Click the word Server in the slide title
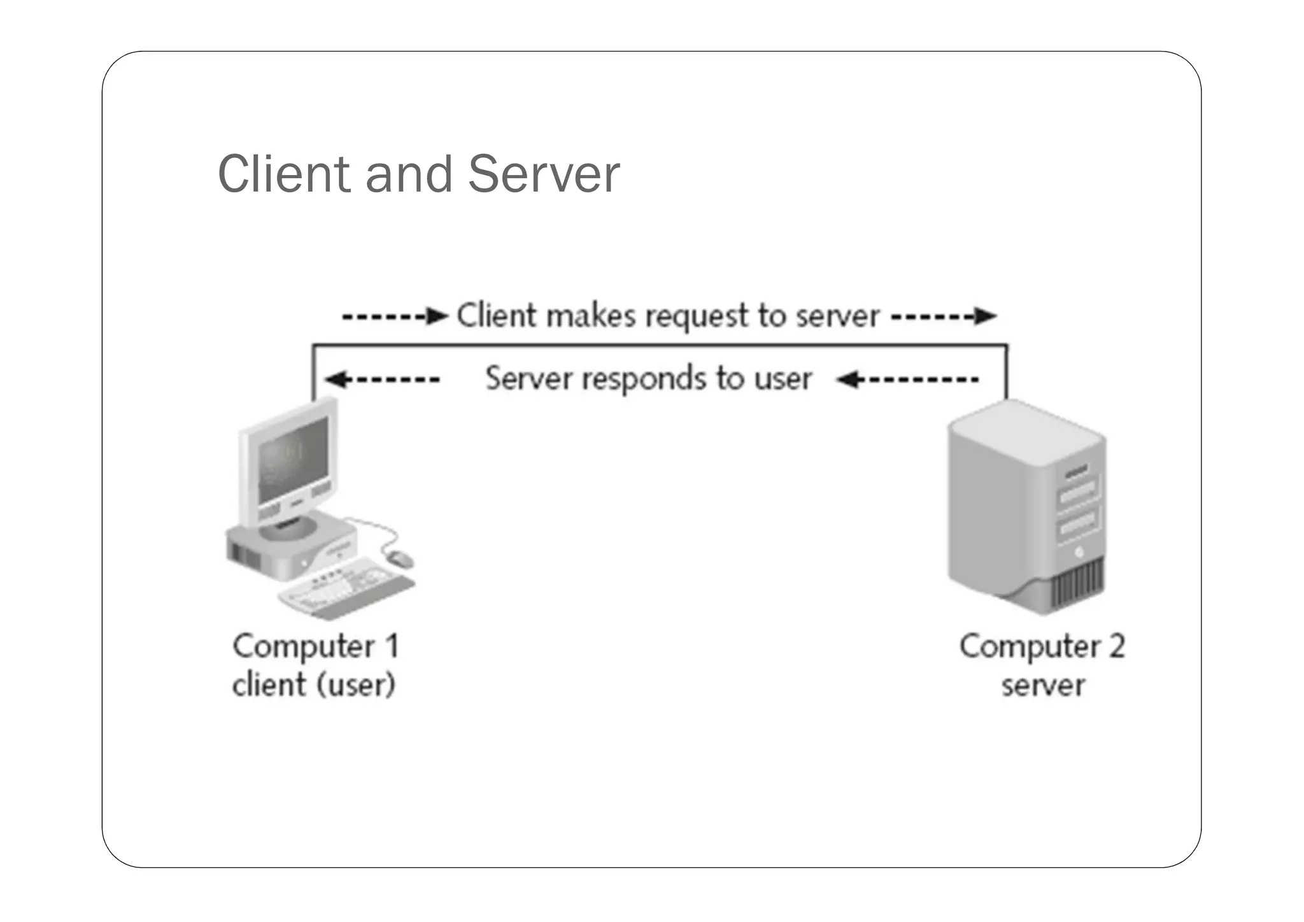tap(544, 174)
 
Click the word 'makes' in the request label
tap(591, 316)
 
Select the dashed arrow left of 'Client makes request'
tap(395, 316)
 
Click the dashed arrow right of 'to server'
tap(943, 316)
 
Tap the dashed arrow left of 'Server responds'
tap(382, 380)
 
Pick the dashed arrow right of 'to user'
tap(907, 380)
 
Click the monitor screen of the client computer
tap(292, 459)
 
